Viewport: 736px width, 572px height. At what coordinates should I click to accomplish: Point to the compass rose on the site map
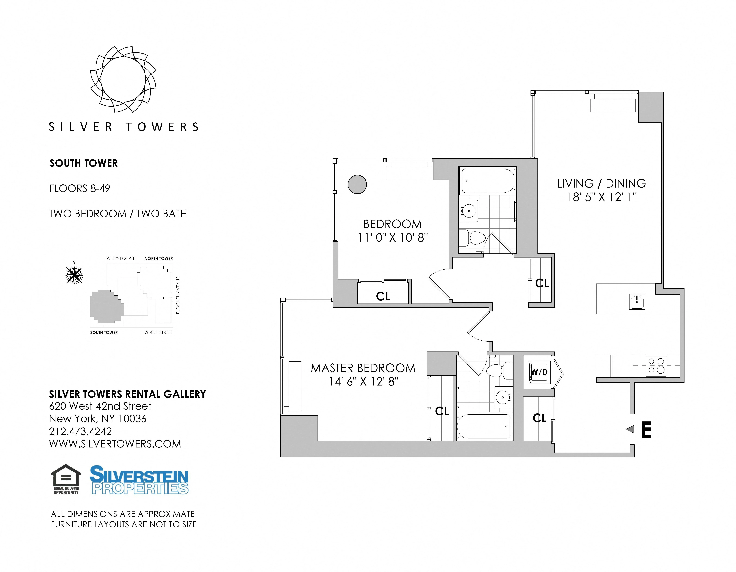coord(74,275)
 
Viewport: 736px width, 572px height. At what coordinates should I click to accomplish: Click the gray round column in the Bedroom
coord(357,185)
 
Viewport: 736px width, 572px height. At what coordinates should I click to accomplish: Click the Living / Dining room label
coord(601,183)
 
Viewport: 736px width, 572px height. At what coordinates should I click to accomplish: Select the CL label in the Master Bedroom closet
coord(442,411)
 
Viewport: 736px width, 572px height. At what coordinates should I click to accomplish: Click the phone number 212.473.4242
coord(80,431)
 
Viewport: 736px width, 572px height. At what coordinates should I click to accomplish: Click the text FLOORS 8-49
coord(80,189)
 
